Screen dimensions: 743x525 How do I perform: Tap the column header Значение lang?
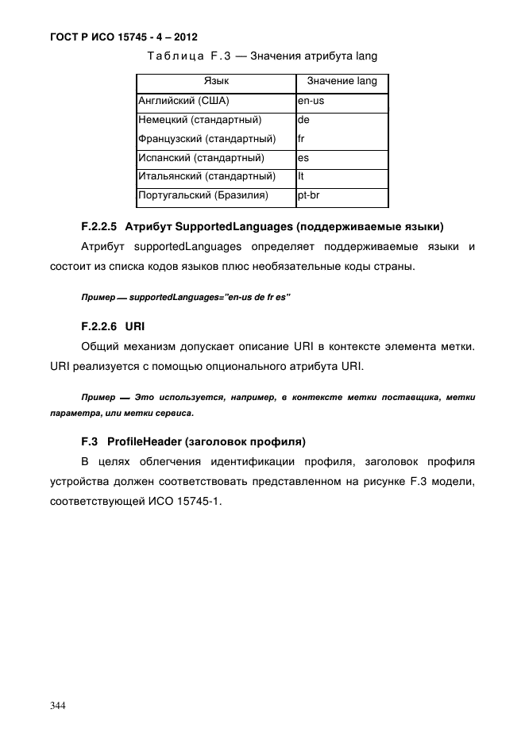click(x=342, y=82)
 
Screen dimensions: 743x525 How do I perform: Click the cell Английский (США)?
click(x=184, y=102)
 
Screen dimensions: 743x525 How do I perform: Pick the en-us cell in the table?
click(x=311, y=102)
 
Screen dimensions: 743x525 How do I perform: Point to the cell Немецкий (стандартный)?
click(x=200, y=121)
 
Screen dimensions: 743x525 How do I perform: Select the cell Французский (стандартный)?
click(x=207, y=139)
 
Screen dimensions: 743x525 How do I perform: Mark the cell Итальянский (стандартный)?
click(x=207, y=176)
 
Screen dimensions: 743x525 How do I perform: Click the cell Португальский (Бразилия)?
click(x=203, y=194)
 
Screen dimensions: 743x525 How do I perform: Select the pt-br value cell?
click(x=309, y=194)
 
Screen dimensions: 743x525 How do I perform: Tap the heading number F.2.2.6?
click(x=99, y=325)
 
